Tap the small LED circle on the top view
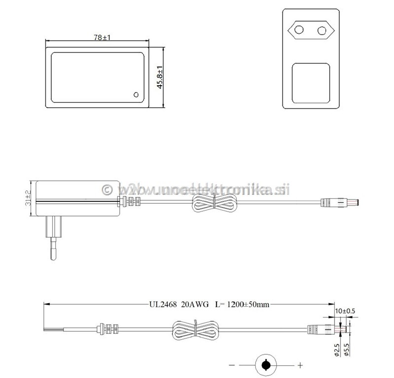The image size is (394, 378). coord(136,94)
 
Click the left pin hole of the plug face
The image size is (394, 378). coord(299,30)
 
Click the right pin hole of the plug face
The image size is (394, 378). coord(322,30)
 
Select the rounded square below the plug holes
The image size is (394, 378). coord(311,84)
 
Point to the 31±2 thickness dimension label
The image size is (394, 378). coord(28,198)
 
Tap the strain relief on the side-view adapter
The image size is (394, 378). coord(131,201)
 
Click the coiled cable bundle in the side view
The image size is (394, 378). coord(213,202)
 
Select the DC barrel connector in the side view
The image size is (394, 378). coord(340,202)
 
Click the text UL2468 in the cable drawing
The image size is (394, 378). coord(164,305)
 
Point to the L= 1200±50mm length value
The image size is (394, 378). coord(243,305)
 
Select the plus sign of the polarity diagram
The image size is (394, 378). coord(300,365)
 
